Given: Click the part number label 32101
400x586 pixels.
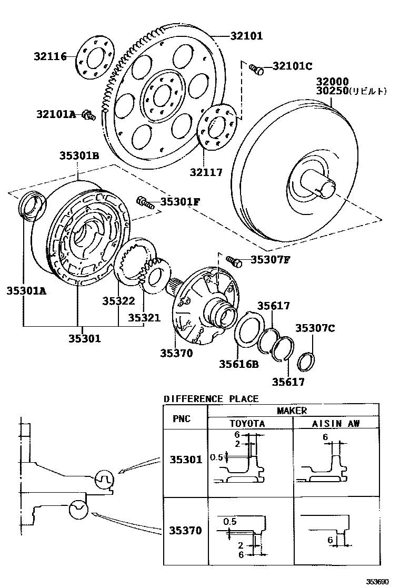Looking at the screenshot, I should point(246,36).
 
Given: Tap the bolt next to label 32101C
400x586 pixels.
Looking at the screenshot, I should point(256,69).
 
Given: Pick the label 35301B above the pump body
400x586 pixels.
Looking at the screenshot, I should point(79,156).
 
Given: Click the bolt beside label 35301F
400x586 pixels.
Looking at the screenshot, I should point(144,201).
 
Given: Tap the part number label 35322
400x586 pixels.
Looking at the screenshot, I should point(119,301).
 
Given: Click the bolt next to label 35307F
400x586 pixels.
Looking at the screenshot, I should point(233,260).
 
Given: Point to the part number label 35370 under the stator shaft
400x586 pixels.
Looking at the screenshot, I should point(177,354).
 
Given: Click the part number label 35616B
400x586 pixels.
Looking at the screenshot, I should point(239,363).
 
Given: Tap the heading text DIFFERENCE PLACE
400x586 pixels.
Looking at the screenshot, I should point(211,399).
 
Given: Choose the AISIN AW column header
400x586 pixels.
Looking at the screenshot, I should point(336,423).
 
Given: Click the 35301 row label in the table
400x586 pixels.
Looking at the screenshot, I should point(185,460).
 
